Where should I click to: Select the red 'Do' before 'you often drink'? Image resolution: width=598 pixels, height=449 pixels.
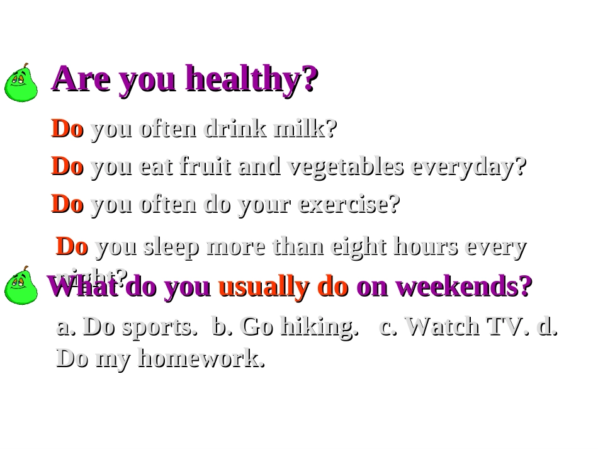[67, 129]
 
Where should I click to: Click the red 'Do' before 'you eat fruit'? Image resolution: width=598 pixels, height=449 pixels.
[67, 167]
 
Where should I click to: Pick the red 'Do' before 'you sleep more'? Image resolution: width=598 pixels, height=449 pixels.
[72, 247]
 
